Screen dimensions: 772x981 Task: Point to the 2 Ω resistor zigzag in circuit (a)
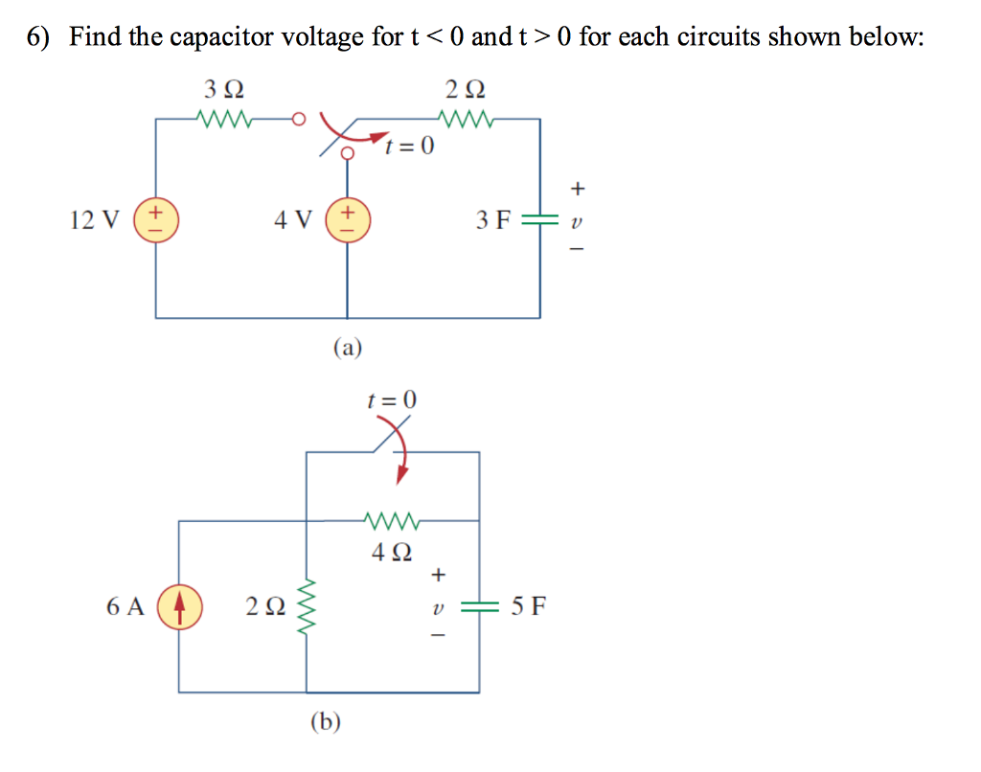tap(465, 120)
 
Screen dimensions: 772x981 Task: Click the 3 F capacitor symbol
tap(539, 220)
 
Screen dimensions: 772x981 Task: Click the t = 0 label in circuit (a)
tap(409, 147)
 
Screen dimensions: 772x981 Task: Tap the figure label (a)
tap(348, 347)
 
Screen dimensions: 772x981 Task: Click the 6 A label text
tap(125, 607)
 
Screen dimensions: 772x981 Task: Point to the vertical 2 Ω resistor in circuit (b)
tap(308, 607)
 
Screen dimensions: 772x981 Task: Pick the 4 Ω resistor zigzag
tap(391, 521)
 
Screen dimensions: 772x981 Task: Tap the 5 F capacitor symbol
tap(479, 607)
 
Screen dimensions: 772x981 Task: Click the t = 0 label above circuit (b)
tap(393, 400)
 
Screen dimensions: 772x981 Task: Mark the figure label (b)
tap(326, 721)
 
